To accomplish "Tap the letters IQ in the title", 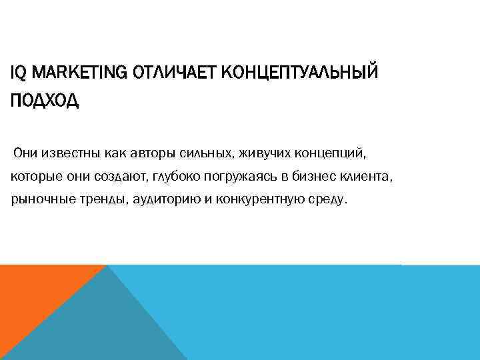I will (19, 71).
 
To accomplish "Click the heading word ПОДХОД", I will (45, 101).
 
